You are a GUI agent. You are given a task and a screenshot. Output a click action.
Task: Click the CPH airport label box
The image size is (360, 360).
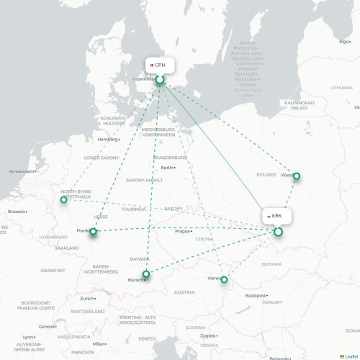(160, 66)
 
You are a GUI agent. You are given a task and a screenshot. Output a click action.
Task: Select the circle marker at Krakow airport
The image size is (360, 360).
(278, 232)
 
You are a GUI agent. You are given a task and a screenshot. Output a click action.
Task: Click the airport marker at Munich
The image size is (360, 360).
(146, 274)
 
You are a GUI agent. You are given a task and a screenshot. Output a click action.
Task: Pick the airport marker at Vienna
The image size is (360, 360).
(224, 279)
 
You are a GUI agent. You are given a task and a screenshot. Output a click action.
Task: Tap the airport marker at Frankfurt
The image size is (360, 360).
(92, 231)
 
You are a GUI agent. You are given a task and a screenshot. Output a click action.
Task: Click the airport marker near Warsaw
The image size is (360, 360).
(296, 176)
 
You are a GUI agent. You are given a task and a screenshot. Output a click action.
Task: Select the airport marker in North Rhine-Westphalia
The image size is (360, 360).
(64, 199)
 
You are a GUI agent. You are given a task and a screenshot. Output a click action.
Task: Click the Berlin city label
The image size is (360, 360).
(167, 168)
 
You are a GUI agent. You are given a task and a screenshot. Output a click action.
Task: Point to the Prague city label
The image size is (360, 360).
(183, 231)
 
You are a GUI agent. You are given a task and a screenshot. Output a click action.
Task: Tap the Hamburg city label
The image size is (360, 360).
(107, 139)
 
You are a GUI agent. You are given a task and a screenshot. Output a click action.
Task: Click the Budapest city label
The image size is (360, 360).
(256, 295)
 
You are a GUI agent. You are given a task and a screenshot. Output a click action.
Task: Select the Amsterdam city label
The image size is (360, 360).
(21, 171)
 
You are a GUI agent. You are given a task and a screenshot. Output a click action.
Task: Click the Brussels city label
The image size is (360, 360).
(16, 212)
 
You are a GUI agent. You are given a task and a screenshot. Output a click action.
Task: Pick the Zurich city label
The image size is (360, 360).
(87, 298)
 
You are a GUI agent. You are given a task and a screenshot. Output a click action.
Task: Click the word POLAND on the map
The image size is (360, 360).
(266, 174)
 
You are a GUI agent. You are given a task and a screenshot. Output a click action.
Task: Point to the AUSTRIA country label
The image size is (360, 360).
(184, 292)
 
